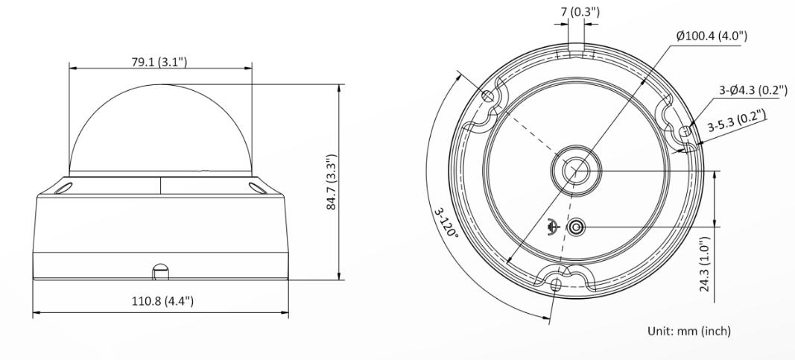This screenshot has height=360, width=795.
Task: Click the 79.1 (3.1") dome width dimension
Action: (159, 62)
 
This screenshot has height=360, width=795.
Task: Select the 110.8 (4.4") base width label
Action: (162, 301)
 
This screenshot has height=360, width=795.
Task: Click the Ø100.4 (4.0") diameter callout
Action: (711, 36)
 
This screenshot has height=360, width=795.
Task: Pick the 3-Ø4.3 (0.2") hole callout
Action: (753, 91)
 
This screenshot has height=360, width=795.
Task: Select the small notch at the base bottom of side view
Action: (159, 272)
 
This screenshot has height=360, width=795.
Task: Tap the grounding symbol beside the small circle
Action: (553, 227)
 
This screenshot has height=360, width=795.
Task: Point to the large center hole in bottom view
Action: (574, 170)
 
